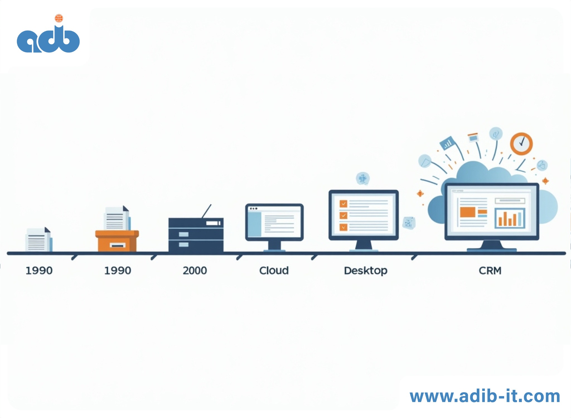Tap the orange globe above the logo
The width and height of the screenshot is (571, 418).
tap(59, 18)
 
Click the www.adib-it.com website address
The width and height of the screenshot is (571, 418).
tap(485, 396)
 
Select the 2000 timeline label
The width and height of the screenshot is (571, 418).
tap(195, 271)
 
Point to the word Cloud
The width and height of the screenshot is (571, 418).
tap(274, 271)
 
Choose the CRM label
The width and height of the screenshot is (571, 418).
tap(490, 271)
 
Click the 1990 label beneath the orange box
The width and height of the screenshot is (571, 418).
tap(118, 271)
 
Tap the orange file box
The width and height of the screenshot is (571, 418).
tap(117, 241)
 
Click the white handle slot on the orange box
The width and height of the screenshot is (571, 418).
tap(117, 245)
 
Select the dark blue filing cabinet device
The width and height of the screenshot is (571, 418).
tap(196, 235)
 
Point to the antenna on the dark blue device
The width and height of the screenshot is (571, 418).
tap(206, 211)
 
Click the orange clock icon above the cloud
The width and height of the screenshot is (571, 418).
tap(521, 144)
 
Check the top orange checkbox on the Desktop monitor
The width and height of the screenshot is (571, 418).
tap(343, 204)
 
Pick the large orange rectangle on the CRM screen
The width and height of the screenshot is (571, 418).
tap(468, 212)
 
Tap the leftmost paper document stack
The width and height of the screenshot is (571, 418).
tap(38, 239)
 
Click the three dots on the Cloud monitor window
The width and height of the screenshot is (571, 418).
tap(253, 208)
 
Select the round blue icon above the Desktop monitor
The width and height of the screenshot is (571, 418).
tap(363, 178)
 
